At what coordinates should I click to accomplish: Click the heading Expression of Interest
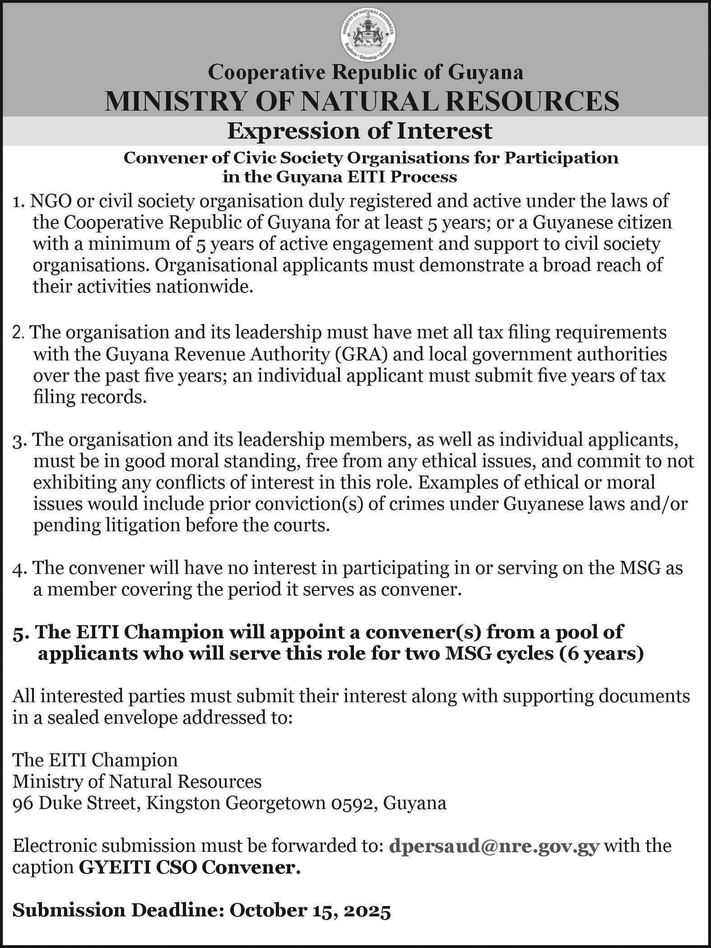(359, 131)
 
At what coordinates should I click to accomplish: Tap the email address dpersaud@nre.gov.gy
(494, 846)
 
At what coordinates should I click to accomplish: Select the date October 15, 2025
(310, 911)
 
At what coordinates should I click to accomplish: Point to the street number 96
(22, 803)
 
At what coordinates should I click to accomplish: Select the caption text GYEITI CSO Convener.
(190, 867)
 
